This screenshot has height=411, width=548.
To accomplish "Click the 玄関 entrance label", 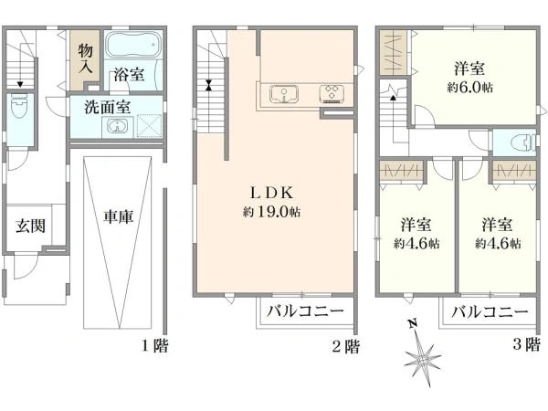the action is (x=31, y=227).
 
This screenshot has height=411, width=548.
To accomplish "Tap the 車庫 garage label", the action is (x=119, y=216).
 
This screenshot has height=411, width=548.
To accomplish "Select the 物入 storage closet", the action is (x=85, y=59).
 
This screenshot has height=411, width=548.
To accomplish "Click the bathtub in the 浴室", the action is (x=133, y=45).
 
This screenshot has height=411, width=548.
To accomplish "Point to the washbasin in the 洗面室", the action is (x=117, y=126).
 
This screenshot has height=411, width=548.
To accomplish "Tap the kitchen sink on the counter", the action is (x=284, y=94).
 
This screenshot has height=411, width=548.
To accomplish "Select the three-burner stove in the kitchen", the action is (x=332, y=94).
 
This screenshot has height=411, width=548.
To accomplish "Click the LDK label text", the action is (x=272, y=193).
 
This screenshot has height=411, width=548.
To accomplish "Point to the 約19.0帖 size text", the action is (x=272, y=212).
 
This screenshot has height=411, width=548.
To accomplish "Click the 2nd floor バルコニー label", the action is (x=306, y=311).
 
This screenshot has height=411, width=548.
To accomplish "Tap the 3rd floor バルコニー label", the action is (x=490, y=311).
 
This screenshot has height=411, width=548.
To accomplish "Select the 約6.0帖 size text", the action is (x=469, y=88).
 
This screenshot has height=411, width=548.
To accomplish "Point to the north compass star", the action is (x=423, y=359).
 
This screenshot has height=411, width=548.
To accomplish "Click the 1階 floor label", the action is (x=154, y=346).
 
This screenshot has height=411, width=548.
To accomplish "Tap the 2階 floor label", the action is (x=345, y=347).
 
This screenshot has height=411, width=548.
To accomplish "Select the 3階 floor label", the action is (x=526, y=344).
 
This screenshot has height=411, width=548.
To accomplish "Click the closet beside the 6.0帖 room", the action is (x=393, y=52).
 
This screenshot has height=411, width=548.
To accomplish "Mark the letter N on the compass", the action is (x=413, y=324).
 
